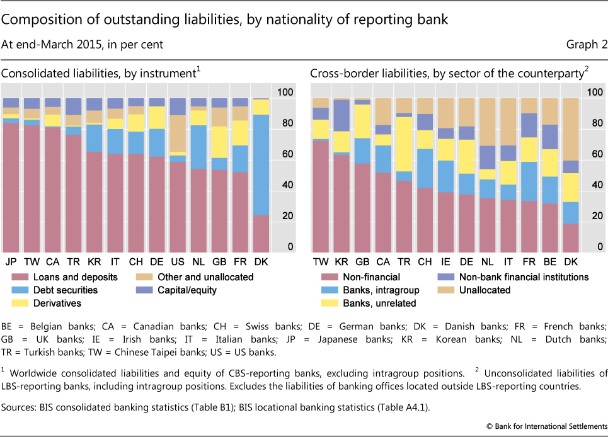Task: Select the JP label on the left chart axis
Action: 10,261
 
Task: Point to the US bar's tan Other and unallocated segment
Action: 178,132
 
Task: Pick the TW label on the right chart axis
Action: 321,261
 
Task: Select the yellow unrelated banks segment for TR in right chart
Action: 404,144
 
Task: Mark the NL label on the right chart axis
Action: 487,261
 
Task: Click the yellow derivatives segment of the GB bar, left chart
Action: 219,142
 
